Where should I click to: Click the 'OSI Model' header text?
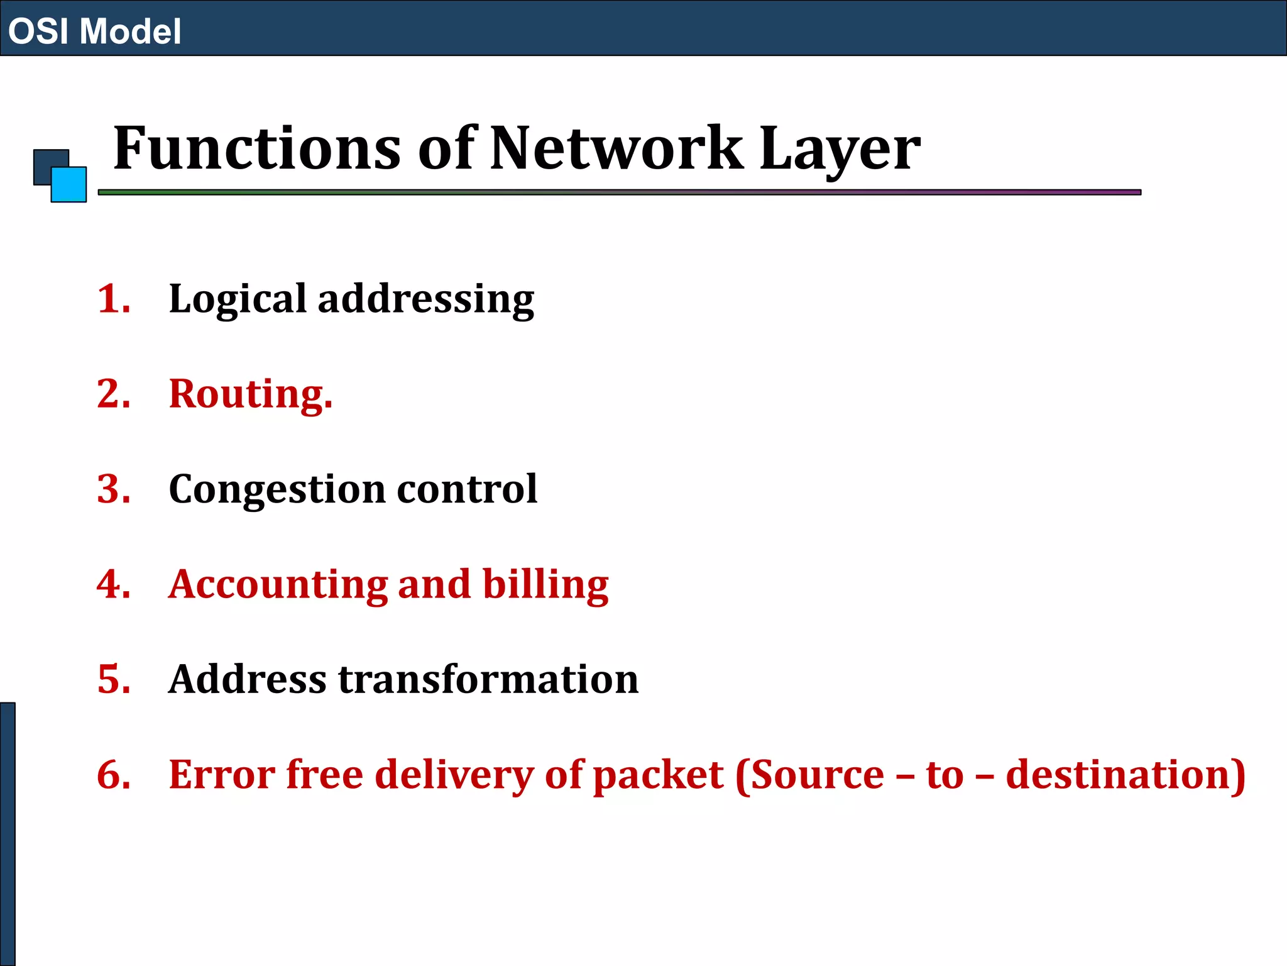point(94,31)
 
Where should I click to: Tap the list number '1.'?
point(114,299)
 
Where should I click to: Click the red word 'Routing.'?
point(250,395)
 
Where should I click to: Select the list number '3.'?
point(114,489)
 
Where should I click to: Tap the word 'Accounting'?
point(278,585)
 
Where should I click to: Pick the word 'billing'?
point(545,585)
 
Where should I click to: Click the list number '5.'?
point(114,679)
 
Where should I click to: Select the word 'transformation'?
point(488,679)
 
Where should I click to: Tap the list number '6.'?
point(114,774)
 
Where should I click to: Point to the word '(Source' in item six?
point(809,774)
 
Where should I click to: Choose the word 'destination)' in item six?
point(1125,774)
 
